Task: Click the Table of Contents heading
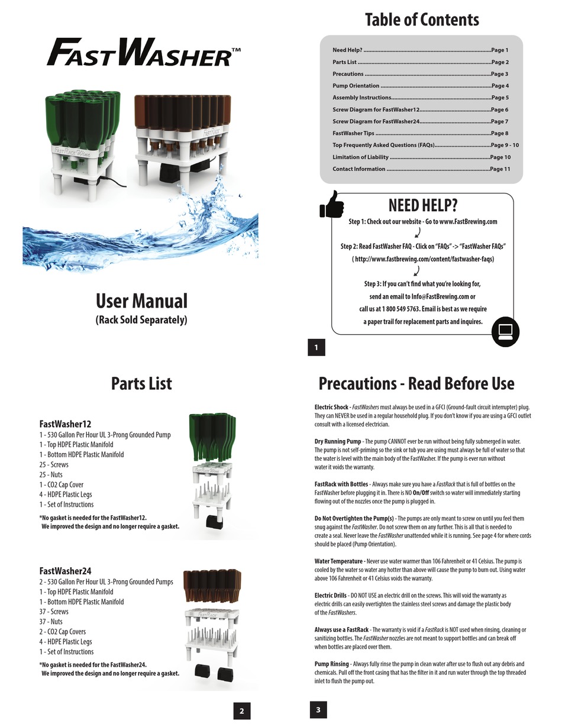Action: tap(422, 20)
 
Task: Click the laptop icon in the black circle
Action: tap(505, 331)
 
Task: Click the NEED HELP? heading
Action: tap(422, 205)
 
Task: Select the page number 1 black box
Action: tap(316, 348)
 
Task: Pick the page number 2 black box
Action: tap(241, 710)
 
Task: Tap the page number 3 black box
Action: tap(318, 710)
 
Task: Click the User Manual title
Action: tap(141, 301)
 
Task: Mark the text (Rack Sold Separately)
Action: tap(141, 320)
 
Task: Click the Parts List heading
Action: tap(141, 383)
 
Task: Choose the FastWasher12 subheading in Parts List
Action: tap(65, 424)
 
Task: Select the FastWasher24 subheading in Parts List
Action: tap(65, 571)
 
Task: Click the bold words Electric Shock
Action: tap(332, 407)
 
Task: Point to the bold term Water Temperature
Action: tap(338, 561)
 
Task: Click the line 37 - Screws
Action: tap(54, 612)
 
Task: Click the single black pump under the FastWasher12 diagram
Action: tap(215, 522)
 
